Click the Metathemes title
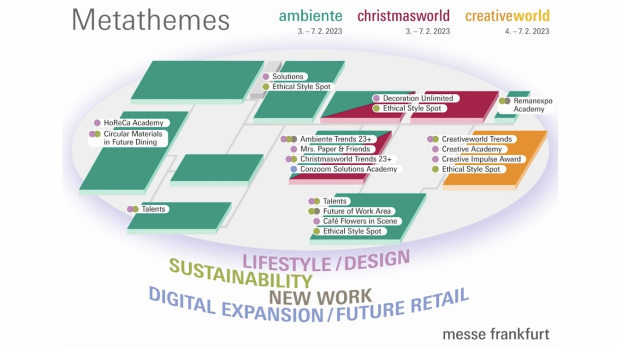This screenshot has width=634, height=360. (x=151, y=19)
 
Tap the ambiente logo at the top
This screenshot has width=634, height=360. (x=311, y=15)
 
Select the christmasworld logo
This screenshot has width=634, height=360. (x=403, y=15)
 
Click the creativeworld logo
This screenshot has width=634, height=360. (x=507, y=15)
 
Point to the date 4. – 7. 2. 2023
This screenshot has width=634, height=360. (x=527, y=31)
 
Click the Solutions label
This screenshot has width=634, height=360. (x=288, y=76)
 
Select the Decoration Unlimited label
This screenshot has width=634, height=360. (x=418, y=98)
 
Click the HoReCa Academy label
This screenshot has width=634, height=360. (x=133, y=123)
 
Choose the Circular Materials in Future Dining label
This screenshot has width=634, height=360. (x=133, y=138)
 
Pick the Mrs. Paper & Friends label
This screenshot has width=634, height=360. (x=335, y=149)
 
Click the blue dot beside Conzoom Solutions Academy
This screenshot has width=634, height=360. (x=294, y=169)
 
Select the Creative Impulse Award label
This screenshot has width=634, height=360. (x=481, y=159)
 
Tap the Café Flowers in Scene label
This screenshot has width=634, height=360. (x=360, y=221)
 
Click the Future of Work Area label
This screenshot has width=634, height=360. (x=357, y=211)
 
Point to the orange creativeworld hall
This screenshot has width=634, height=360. (x=527, y=158)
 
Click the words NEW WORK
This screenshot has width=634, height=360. (x=320, y=297)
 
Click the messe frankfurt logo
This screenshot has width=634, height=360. (x=496, y=334)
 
